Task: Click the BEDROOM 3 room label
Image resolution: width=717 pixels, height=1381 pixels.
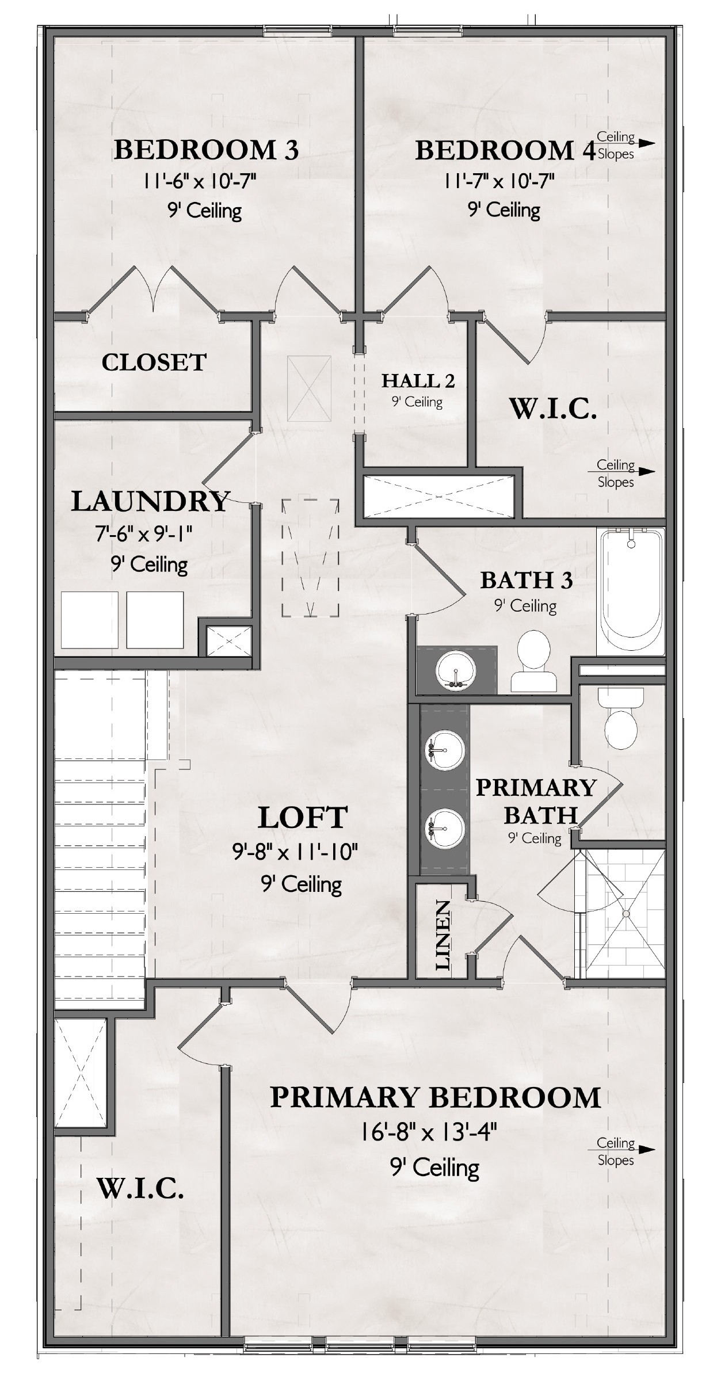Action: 206,150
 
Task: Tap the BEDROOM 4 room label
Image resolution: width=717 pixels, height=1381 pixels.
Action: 505,150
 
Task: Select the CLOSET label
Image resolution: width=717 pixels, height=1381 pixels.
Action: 154,363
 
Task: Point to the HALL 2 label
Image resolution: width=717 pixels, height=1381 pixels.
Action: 418,380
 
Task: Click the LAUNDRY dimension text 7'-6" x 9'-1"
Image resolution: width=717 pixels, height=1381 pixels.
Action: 143,535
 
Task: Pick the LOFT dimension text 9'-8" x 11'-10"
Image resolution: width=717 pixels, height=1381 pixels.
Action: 295,850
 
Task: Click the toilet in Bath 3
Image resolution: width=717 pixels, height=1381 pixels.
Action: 534,661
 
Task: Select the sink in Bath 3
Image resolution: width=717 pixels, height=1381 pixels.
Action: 457,669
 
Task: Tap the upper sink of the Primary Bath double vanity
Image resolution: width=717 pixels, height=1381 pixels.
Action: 444,750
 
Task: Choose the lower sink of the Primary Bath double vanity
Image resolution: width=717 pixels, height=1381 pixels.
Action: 444,829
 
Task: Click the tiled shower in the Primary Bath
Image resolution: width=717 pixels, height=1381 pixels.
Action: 625,913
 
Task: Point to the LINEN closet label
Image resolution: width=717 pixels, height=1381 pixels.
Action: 442,936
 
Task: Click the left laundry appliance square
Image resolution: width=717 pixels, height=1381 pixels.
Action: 90,620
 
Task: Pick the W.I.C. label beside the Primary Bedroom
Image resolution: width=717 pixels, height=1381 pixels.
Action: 140,1189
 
